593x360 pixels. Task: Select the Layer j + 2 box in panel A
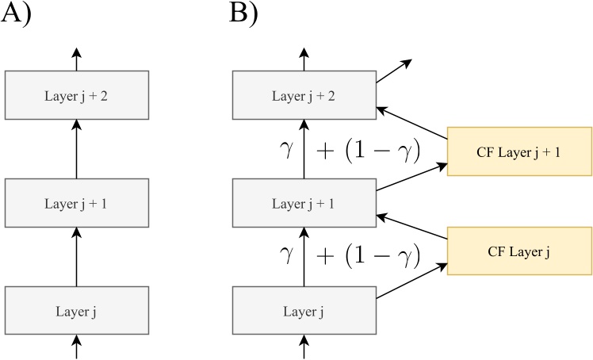76,97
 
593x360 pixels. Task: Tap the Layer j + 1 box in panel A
76,204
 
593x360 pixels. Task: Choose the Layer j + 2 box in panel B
303,97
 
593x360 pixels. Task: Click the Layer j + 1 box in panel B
303,204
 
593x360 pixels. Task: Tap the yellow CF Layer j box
519,251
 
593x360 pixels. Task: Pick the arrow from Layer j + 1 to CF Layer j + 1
411,176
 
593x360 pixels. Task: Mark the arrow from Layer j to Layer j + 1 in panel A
76,255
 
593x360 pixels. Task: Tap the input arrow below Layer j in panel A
76,346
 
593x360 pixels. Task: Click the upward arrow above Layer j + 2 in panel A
76,58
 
